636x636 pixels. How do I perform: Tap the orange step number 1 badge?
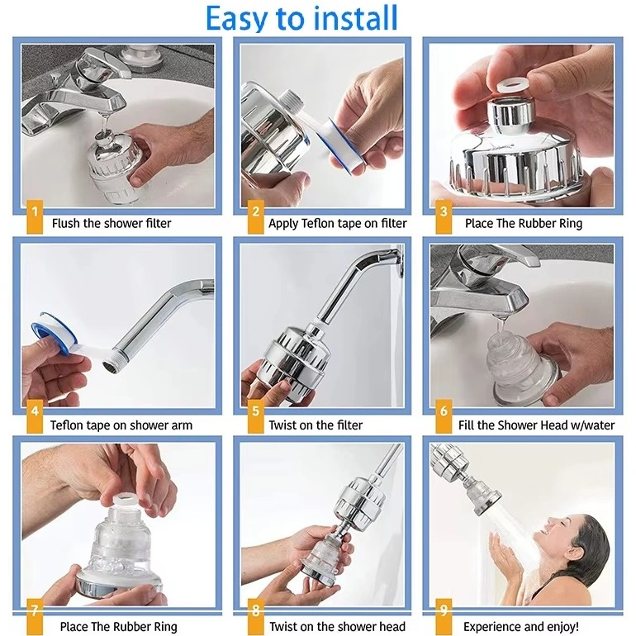coord(35,216)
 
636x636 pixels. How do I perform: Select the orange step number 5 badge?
coord(255,416)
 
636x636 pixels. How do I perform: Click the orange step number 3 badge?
coord(444,216)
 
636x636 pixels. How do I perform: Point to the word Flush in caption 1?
coord(66,223)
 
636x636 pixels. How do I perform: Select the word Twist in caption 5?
coord(282,425)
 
